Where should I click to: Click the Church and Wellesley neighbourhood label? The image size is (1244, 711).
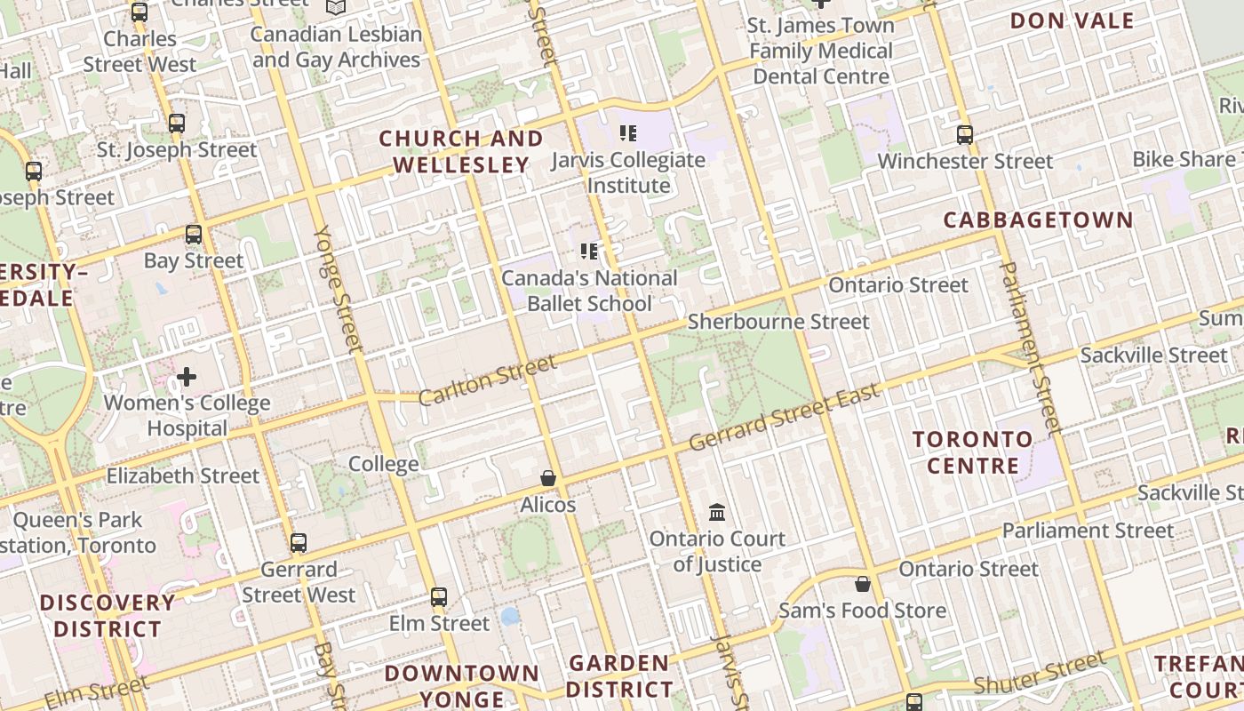click(x=460, y=152)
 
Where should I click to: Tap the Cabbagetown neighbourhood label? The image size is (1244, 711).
click(x=1038, y=220)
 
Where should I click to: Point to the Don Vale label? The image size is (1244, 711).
click(x=1073, y=21)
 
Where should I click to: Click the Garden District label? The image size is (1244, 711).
click(x=619, y=676)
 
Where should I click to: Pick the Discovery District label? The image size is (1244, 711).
click(x=108, y=616)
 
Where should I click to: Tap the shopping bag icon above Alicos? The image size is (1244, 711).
click(x=548, y=479)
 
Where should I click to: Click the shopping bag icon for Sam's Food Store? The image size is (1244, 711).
click(x=862, y=584)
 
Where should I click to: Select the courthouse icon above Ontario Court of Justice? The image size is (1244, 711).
click(x=717, y=513)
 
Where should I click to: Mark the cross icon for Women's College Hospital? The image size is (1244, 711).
click(x=187, y=377)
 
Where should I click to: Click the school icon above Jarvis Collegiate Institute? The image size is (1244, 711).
click(x=628, y=134)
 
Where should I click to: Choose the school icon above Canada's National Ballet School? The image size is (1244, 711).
click(x=588, y=252)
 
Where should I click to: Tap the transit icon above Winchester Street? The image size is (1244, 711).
click(x=965, y=135)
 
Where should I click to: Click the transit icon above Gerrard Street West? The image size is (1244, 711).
click(x=299, y=542)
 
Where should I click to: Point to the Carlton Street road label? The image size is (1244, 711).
click(x=487, y=380)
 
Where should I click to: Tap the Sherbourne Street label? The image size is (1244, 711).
click(x=778, y=322)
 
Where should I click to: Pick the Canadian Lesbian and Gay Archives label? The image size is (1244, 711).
click(x=336, y=47)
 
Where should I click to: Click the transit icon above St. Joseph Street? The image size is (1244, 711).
click(x=177, y=124)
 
